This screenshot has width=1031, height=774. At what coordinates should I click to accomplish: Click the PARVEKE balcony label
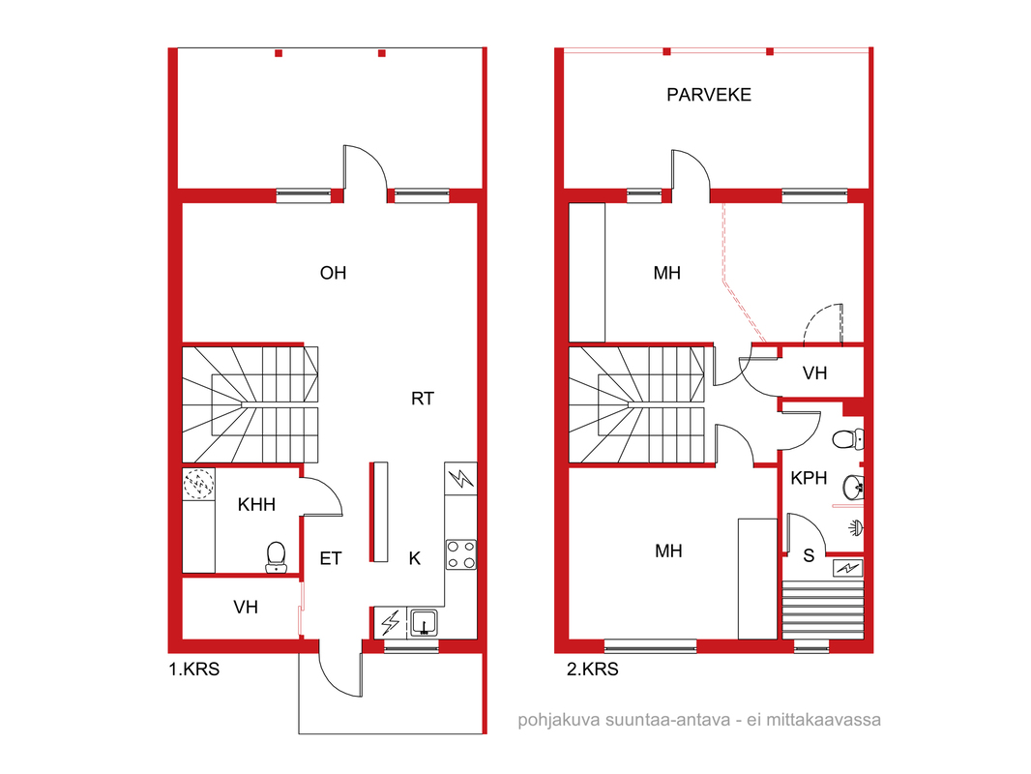coord(709,95)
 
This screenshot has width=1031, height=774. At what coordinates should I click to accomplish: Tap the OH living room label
coord(333,273)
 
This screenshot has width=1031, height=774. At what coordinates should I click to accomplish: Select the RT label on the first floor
coord(422,399)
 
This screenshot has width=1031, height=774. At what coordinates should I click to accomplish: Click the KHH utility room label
coord(256,504)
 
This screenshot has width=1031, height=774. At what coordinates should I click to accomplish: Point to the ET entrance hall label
coord(330,558)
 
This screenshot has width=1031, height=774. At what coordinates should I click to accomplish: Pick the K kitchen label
coord(414,558)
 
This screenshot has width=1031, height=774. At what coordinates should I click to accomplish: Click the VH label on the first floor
coord(246,607)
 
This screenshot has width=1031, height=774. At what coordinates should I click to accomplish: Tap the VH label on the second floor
coord(814,373)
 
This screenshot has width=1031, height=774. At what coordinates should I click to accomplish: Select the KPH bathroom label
coord(809,478)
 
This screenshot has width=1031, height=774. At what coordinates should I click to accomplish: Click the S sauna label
coord(809,555)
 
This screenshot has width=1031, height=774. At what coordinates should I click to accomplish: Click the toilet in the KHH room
coord(277,557)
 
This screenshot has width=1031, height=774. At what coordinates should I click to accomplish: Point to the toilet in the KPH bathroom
coord(848,438)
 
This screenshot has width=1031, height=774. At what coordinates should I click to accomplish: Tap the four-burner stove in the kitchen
coord(461,553)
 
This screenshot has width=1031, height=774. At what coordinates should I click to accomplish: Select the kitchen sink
coord(425,622)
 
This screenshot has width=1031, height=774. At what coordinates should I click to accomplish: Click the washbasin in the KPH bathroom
coord(853,487)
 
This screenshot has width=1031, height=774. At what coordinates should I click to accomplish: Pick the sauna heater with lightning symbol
coord(847,568)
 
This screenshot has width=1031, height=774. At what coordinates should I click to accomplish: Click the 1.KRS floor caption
coord(194,670)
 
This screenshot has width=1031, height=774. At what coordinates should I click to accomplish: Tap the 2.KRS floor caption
coord(593,670)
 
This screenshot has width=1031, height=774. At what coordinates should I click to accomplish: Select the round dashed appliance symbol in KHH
coord(198,484)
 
